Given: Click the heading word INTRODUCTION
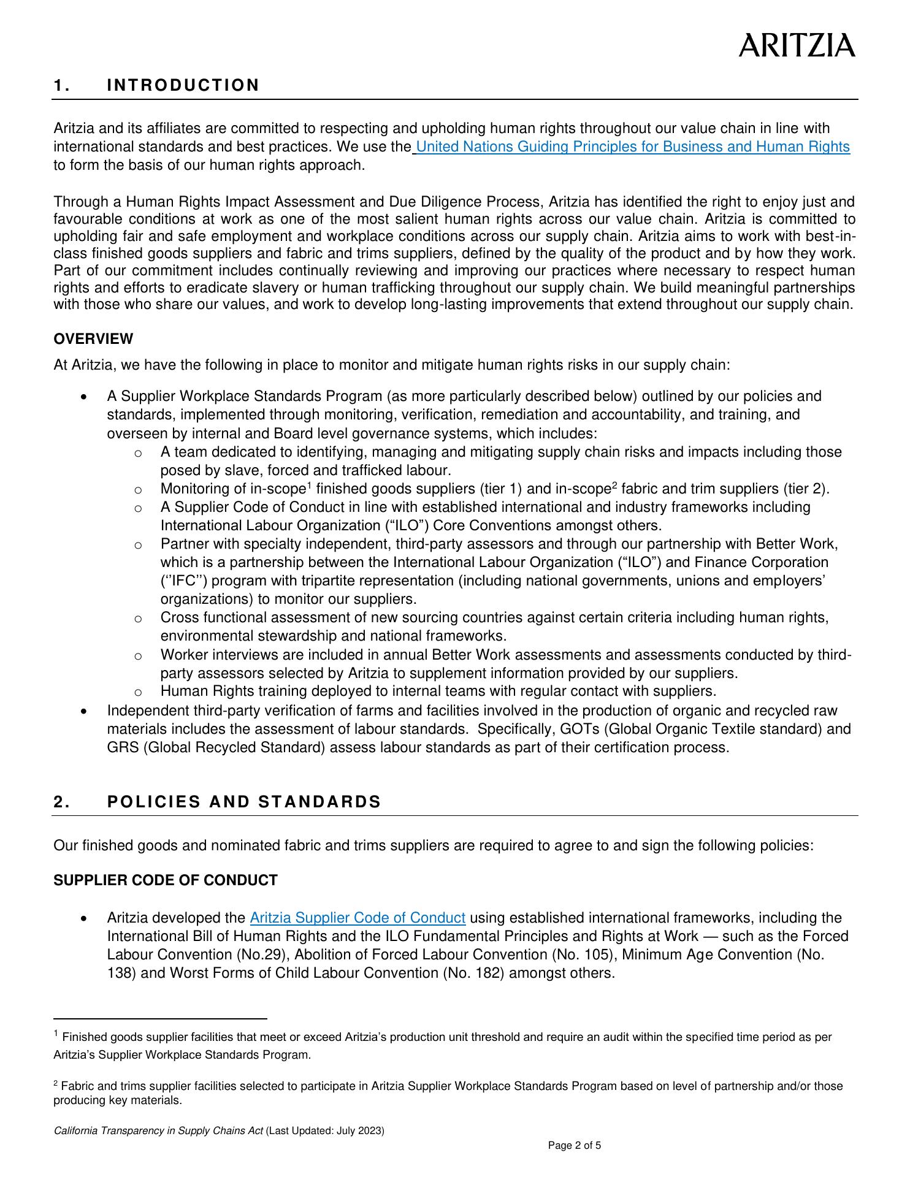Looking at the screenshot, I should (x=183, y=85).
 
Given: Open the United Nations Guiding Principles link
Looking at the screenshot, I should (x=632, y=147).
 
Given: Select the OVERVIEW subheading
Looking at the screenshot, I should (x=93, y=339).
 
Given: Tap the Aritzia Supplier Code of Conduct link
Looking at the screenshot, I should (x=357, y=918).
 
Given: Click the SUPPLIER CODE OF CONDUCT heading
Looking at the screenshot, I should (x=166, y=880).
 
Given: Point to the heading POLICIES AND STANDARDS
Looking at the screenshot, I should (x=244, y=802).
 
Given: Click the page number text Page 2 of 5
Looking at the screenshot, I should (x=575, y=1145).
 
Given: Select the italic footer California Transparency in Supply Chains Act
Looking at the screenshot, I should (x=159, y=1131).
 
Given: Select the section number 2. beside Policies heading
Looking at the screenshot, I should (x=62, y=802).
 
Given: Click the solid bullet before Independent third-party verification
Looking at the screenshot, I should (x=84, y=711).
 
